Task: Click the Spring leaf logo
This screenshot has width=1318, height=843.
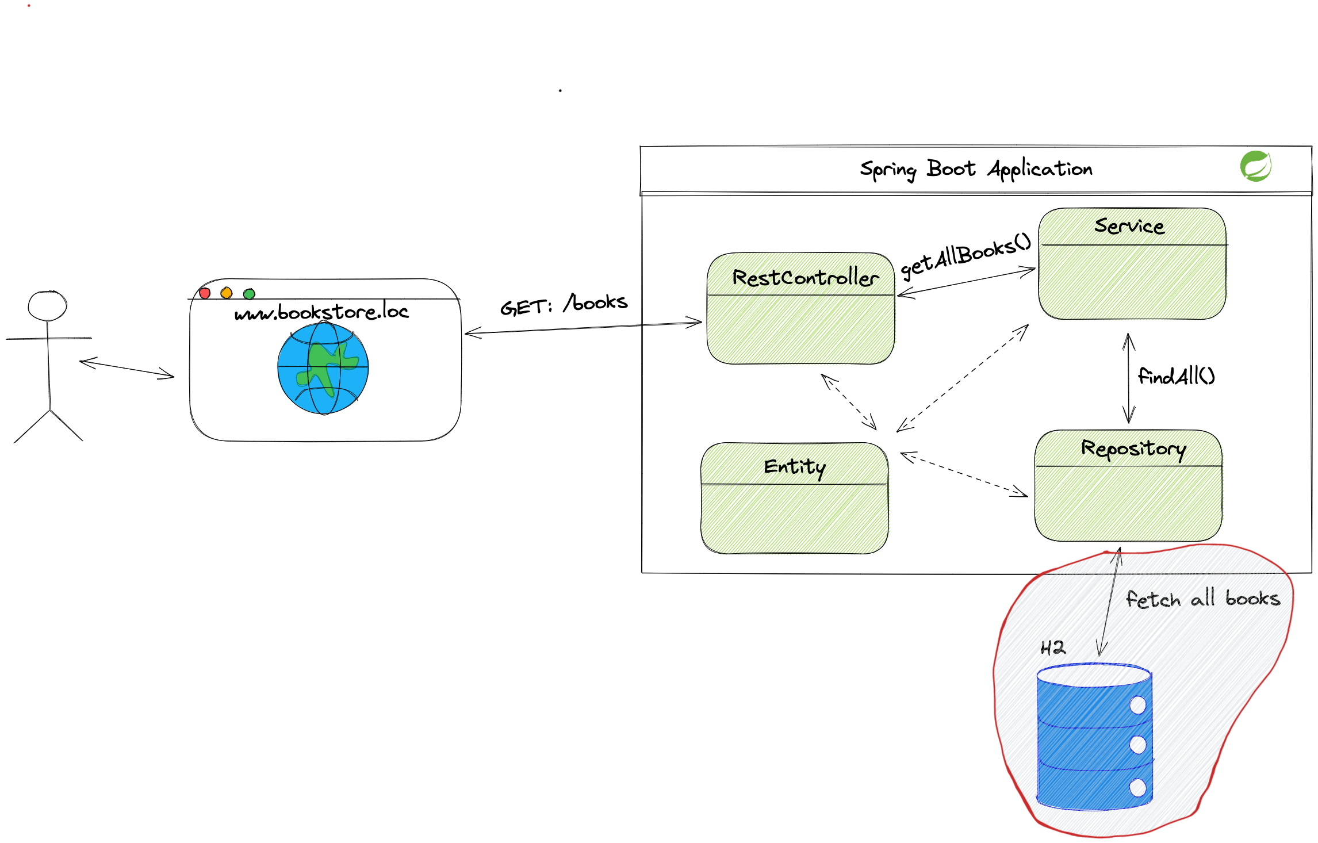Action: click(1255, 166)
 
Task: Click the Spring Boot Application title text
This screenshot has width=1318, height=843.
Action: click(976, 169)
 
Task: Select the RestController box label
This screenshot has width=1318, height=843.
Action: click(805, 278)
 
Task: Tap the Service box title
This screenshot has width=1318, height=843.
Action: click(1129, 226)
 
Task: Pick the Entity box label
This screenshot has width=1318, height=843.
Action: click(794, 466)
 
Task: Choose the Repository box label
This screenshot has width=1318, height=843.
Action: click(1133, 449)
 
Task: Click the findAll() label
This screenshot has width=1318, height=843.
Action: click(1176, 376)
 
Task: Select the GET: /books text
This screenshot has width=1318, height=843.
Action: click(564, 304)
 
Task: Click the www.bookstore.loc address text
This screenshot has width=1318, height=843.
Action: click(321, 312)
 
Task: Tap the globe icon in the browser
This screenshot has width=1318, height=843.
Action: click(323, 368)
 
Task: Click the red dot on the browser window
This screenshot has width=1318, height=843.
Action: click(205, 293)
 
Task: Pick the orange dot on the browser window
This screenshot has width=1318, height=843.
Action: click(227, 293)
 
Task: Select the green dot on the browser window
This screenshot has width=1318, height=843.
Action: click(249, 294)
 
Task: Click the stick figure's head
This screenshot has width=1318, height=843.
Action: click(47, 306)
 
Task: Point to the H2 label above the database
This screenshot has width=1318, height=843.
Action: click(1053, 648)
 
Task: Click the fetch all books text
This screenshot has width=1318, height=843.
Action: click(1202, 599)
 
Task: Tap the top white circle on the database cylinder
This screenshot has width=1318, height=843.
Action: click(1137, 705)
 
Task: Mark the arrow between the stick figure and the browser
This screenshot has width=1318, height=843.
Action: click(127, 369)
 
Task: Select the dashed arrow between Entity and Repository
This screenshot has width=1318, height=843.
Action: click(964, 475)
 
